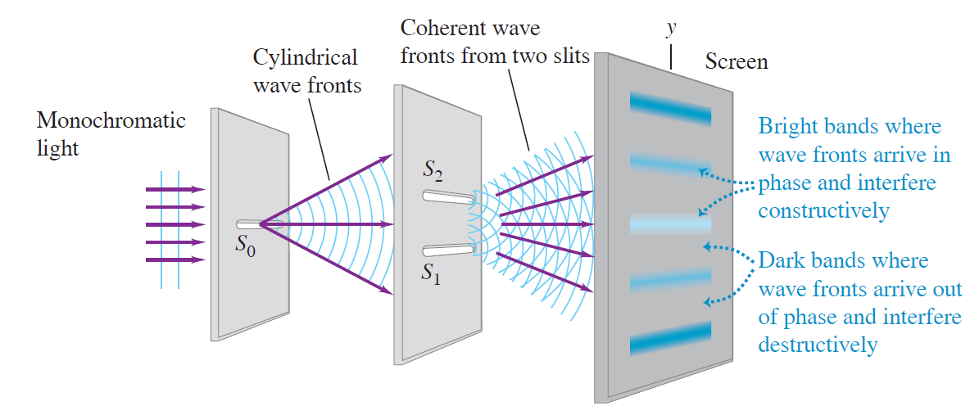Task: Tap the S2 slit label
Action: pyautogui.click(x=433, y=171)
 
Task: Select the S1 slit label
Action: pyautogui.click(x=432, y=273)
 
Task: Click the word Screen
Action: pyautogui.click(x=737, y=61)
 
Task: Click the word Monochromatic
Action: pyautogui.click(x=111, y=120)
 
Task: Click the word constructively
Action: pyautogui.click(x=823, y=210)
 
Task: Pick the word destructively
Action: pyautogui.click(x=818, y=345)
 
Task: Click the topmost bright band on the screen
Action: pyautogui.click(x=671, y=106)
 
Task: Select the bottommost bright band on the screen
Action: pyautogui.click(x=671, y=338)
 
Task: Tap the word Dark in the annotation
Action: pyautogui.click(x=779, y=261)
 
